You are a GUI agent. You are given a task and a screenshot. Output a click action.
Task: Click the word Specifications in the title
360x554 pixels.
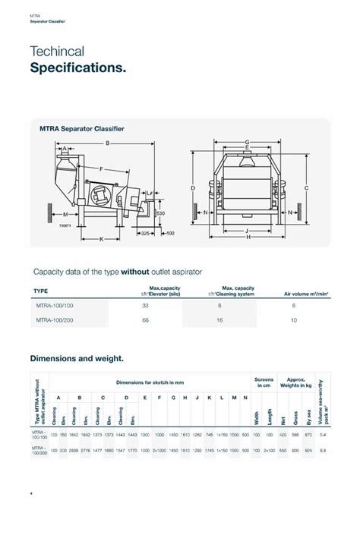(x=77, y=69)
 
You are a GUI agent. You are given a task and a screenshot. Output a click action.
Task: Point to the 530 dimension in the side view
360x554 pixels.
(x=160, y=214)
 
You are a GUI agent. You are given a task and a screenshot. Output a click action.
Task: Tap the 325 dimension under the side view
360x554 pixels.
(x=144, y=233)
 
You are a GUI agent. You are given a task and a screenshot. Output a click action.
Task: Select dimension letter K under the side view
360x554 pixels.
(x=101, y=239)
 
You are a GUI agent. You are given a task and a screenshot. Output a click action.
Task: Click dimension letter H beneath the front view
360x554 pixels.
(x=248, y=238)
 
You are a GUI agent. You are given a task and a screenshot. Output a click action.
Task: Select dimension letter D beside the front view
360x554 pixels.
(x=194, y=187)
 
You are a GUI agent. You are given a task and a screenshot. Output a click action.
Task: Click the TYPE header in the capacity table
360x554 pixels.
(x=43, y=291)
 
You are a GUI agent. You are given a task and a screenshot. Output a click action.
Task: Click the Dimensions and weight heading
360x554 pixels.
(x=76, y=357)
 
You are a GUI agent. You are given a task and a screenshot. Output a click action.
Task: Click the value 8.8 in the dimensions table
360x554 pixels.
(x=324, y=451)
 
